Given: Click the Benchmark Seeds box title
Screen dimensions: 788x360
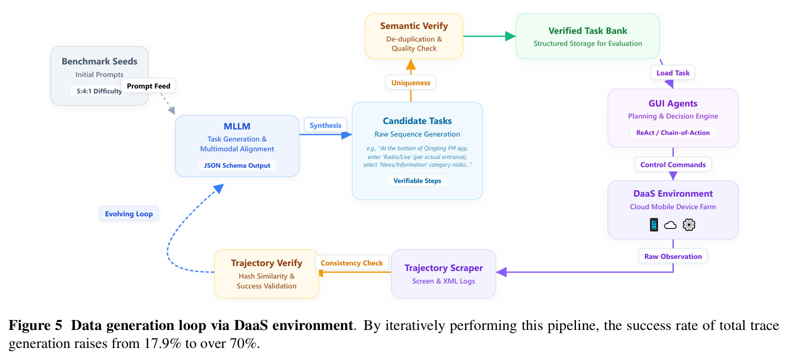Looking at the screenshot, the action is pos(99,61).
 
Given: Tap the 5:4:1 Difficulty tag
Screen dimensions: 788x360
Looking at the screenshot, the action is pos(99,91).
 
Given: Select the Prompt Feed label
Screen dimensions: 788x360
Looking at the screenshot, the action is pos(149,86).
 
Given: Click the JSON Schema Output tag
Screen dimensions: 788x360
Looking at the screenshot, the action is pos(237,165).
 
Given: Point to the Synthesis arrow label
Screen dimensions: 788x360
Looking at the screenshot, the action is pos(325,125).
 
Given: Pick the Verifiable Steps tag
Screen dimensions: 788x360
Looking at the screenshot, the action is pos(417,181).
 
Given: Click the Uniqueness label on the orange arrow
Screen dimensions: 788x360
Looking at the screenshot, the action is pos(410,82).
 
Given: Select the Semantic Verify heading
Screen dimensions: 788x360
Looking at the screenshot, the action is pos(414,26).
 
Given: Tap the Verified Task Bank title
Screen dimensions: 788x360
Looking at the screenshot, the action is pos(587,31).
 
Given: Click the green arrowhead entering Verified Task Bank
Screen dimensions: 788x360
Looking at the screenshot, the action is pos(510,36).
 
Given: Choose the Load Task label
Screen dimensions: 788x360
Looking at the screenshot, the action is pos(673,73).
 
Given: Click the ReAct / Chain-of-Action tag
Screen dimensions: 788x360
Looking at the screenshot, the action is pos(673,133).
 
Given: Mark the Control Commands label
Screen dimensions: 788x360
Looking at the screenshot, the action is pos(673,164).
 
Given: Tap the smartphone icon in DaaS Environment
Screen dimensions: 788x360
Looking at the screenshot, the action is pos(654,225).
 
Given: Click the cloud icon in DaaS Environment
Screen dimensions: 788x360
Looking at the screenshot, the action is pos(670,225).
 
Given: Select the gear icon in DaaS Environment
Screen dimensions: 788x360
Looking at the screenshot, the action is pos(689,225).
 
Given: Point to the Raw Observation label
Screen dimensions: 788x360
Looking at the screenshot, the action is pos(673,256).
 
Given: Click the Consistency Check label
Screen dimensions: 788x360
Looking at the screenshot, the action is pos(351,263).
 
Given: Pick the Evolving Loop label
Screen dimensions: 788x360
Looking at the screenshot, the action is pos(129,214).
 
